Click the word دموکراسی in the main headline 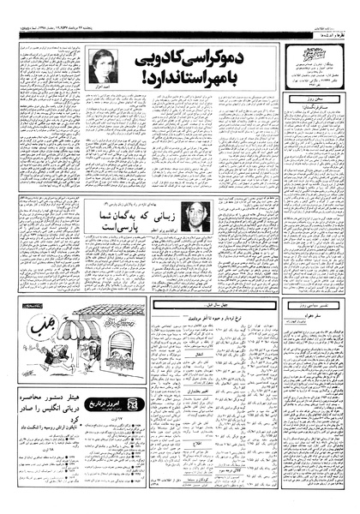[240, 59]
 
